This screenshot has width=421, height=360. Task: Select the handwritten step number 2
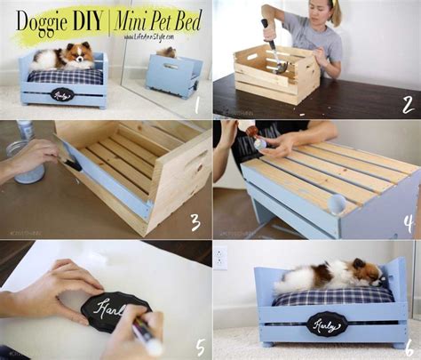(407, 104)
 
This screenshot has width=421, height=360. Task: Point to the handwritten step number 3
(195, 220)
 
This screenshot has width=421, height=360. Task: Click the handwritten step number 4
(407, 222)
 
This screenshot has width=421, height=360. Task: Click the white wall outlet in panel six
(220, 258)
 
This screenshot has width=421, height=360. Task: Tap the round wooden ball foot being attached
(338, 204)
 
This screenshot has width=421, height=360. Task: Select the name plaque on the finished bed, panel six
(326, 324)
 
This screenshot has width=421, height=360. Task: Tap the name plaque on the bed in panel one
(61, 92)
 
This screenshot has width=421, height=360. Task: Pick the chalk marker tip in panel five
(145, 339)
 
